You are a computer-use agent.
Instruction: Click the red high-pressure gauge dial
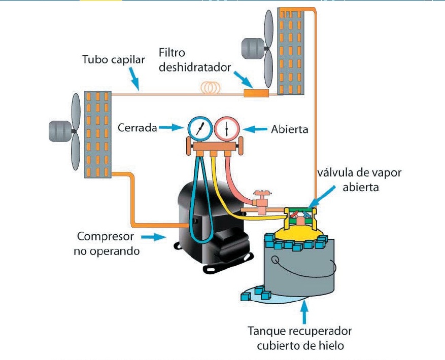pos(226,130)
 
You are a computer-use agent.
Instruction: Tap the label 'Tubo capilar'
pos(114,60)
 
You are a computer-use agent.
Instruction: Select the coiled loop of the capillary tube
pos(209,88)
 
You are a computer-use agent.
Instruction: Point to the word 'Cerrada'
pos(138,128)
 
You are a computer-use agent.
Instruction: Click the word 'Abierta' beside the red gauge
pos(290,129)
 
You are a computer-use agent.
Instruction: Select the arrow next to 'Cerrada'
pos(172,128)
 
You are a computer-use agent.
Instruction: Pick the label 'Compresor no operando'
pos(106,243)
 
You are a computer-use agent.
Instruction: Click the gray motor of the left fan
pos(59,131)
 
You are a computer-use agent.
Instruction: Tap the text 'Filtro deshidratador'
pos(194,60)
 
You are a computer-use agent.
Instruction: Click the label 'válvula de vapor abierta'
pos(359,179)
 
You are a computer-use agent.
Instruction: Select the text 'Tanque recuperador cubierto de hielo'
pos(299,338)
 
